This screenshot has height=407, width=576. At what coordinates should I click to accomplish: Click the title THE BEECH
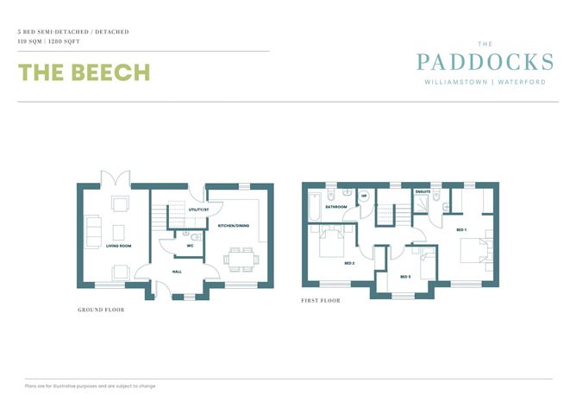click(85, 72)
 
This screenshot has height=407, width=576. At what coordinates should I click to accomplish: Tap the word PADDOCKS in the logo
click(484, 62)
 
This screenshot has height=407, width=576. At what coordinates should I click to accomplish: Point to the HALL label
click(177, 272)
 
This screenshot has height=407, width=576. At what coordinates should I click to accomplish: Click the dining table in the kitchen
click(237, 258)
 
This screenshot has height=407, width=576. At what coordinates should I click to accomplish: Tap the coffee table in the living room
click(118, 232)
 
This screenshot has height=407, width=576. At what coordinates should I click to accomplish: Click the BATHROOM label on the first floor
click(336, 207)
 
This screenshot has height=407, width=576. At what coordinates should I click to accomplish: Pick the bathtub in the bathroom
click(315, 207)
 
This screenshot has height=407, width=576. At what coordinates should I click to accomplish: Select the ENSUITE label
click(423, 191)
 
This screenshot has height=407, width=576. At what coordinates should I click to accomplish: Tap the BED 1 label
click(460, 230)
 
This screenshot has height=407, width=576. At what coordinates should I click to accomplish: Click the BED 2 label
click(349, 263)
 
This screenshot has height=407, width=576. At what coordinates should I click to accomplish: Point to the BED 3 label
click(405, 276)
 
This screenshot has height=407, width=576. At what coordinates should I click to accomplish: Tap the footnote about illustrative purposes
click(91, 385)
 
